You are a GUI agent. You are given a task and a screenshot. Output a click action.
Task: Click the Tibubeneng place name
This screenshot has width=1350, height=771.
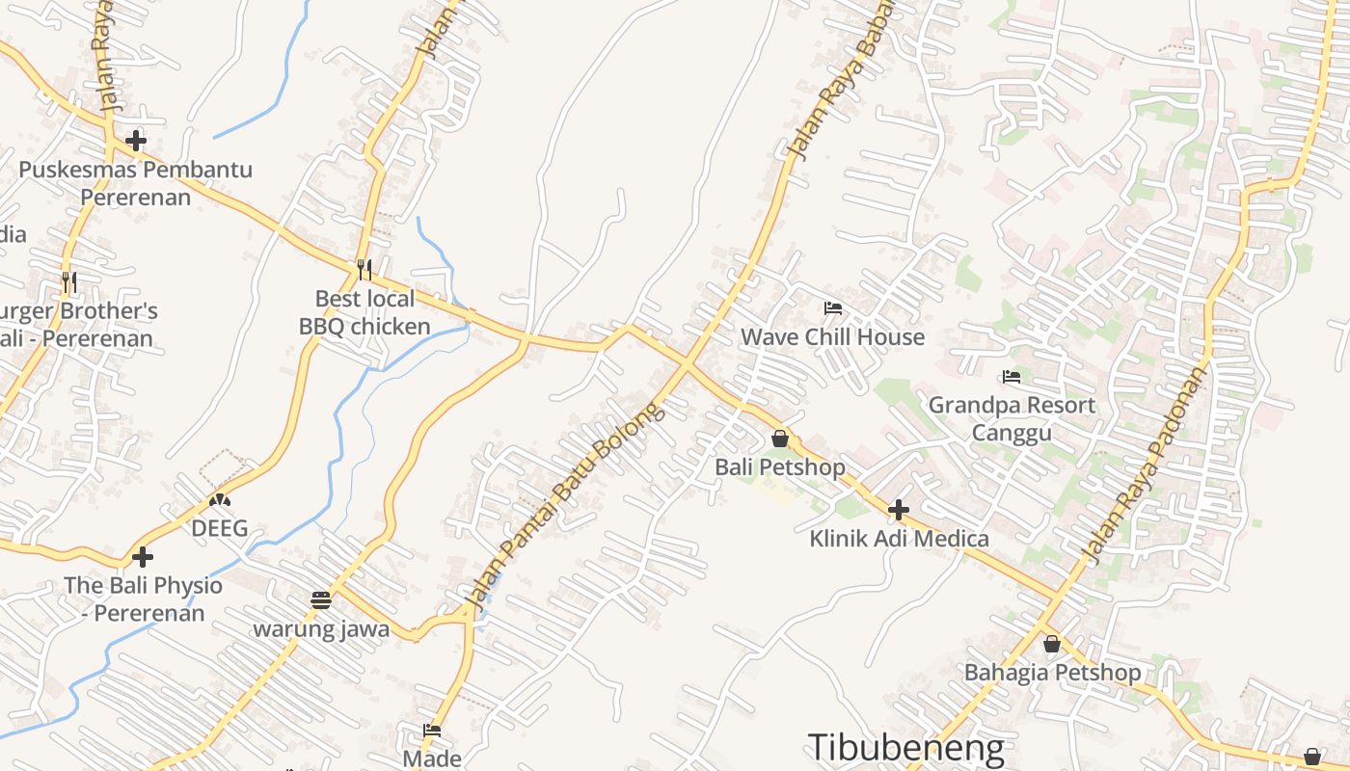click(905, 748)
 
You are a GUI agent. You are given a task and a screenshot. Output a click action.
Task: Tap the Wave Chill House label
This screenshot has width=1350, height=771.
click(832, 336)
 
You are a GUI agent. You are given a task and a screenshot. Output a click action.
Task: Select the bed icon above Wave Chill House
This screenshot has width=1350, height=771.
click(833, 308)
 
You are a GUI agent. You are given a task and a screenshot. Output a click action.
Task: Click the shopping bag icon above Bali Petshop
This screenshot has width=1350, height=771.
click(780, 439)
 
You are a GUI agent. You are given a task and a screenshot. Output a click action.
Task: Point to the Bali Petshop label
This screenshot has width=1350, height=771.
click(779, 467)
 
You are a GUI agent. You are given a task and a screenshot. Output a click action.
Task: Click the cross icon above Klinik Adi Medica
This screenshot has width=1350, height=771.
click(899, 510)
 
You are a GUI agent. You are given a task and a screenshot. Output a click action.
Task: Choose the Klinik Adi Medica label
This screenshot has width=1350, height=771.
click(899, 538)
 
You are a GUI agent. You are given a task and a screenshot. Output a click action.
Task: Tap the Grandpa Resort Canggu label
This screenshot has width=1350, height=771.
click(1012, 418)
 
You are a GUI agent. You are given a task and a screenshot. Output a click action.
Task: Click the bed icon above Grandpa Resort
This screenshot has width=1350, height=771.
click(1012, 377)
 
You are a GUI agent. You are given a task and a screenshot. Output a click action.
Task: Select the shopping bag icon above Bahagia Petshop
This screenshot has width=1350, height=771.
click(1052, 644)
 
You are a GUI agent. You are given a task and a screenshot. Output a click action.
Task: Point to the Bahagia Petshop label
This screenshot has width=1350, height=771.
click(1052, 672)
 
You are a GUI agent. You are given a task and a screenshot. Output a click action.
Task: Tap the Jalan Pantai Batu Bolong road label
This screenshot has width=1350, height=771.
click(565, 506)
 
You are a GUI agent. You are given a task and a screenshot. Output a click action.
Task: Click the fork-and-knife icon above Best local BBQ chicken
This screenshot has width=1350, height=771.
click(364, 270)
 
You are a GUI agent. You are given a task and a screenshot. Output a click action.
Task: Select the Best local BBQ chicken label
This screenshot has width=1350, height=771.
click(364, 312)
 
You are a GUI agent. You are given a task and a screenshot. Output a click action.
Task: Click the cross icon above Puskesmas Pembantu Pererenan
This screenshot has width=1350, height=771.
click(136, 142)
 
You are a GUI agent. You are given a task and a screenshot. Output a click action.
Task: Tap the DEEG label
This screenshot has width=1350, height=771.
click(219, 528)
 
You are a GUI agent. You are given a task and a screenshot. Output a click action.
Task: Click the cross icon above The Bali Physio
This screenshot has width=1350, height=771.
click(143, 557)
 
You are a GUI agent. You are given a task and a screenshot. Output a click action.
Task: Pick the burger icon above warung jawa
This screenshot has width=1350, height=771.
click(321, 600)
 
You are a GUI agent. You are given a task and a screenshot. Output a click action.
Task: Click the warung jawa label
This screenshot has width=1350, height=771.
click(321, 629)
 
